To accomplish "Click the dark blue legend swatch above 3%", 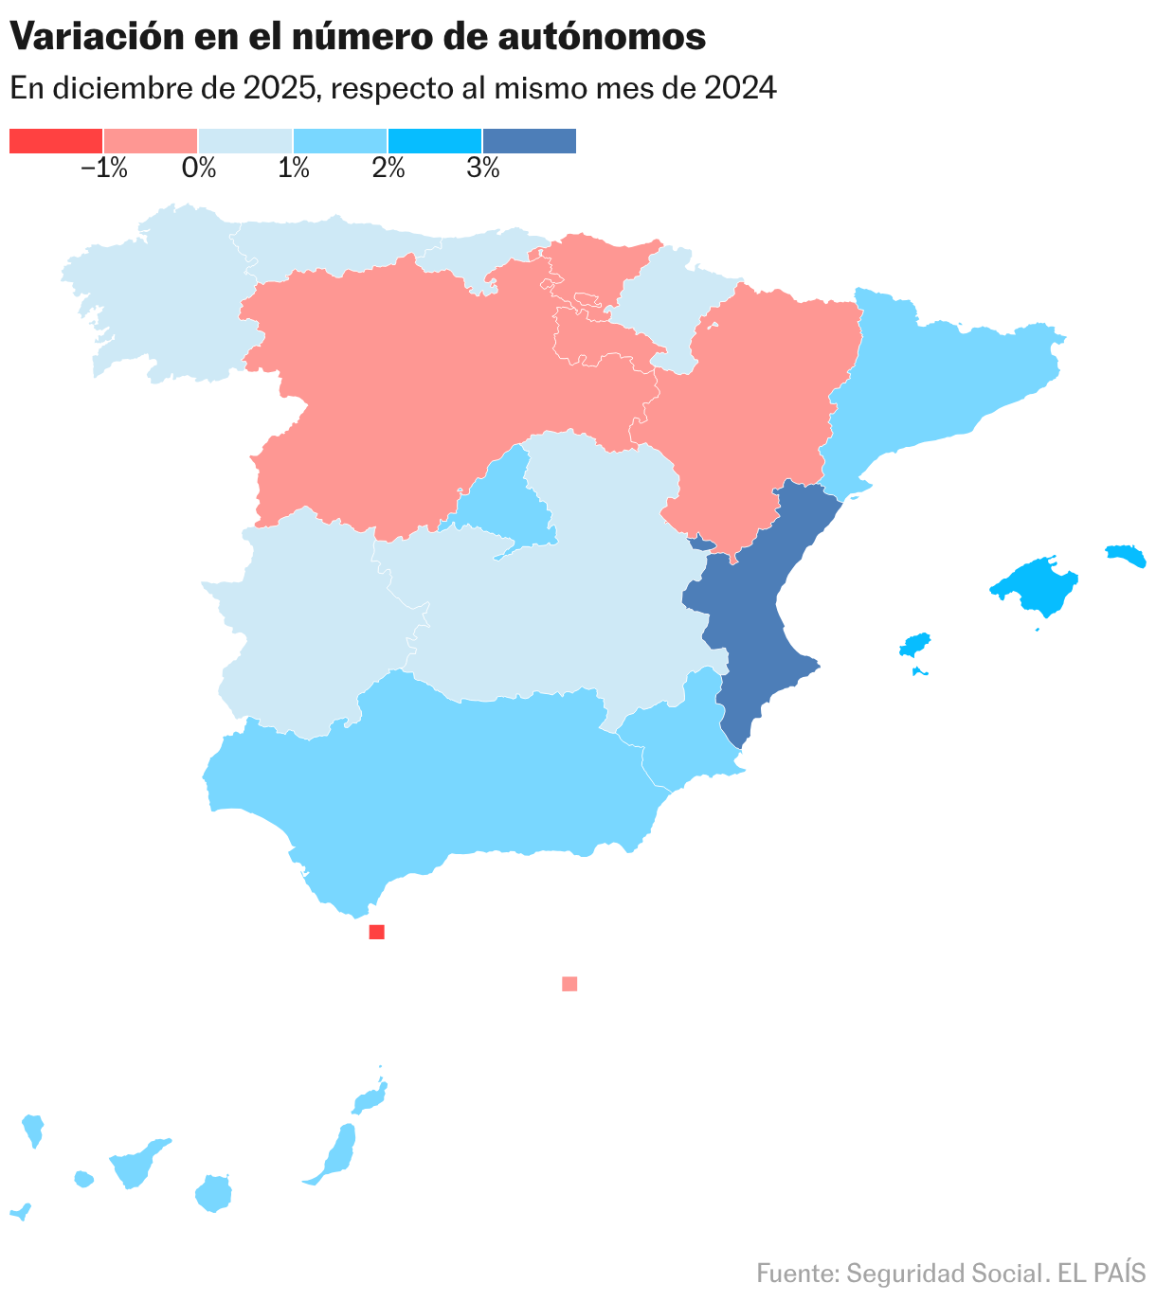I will [529, 141].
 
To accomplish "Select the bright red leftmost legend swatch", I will [56, 141].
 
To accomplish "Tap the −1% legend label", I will [104, 169].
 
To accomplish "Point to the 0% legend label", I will [199, 169].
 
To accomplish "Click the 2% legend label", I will [388, 169].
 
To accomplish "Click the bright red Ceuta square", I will [376, 932].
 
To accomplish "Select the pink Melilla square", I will [569, 984].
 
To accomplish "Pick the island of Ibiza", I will [915, 646].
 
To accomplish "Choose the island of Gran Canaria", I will [214, 1193].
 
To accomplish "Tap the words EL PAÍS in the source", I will [1101, 1274].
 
